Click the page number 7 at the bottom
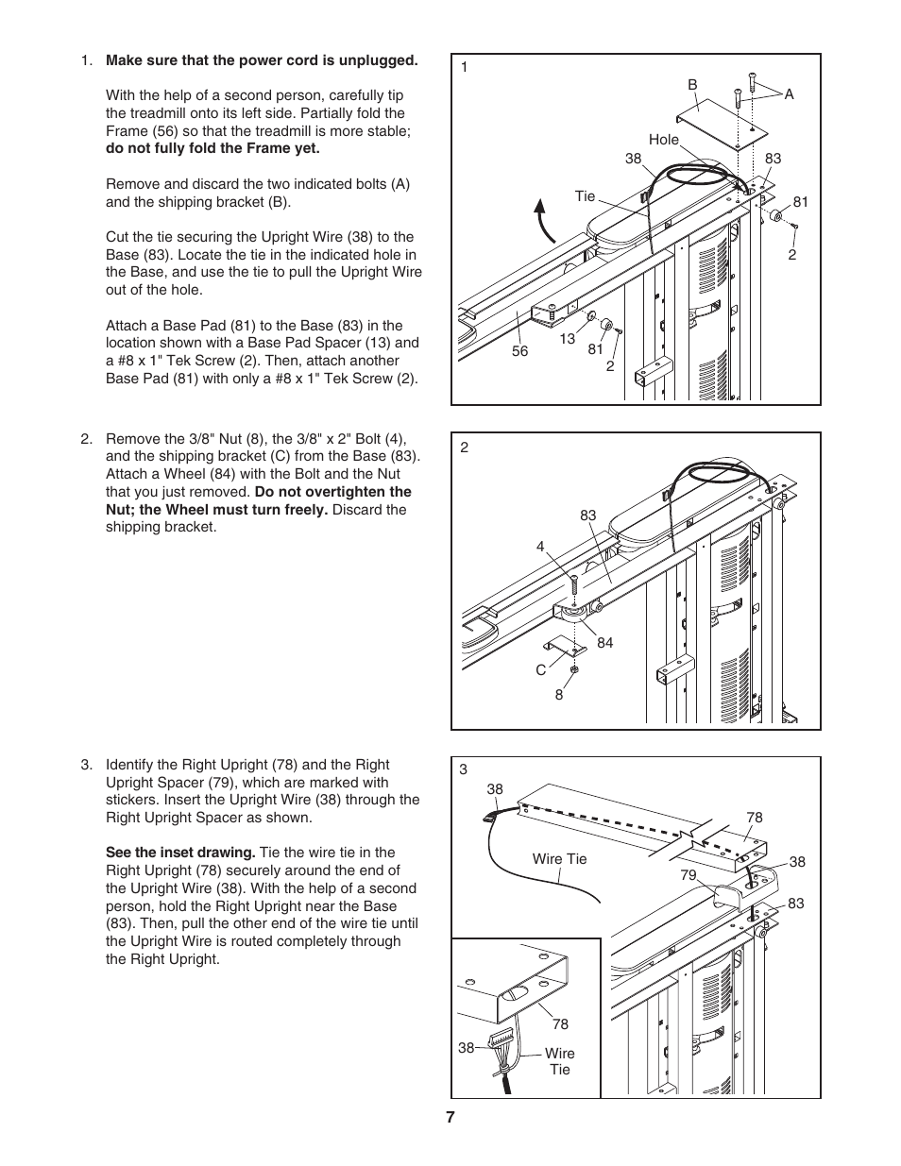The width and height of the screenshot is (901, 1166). click(x=450, y=1117)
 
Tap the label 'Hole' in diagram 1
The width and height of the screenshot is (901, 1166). click(x=663, y=140)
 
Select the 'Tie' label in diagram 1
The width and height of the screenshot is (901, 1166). click(x=586, y=196)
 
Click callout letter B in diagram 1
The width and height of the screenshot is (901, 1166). click(x=691, y=85)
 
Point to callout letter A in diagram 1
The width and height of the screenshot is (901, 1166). click(x=790, y=94)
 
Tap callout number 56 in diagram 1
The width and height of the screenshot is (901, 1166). click(x=520, y=351)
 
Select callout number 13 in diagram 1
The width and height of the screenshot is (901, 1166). click(x=567, y=339)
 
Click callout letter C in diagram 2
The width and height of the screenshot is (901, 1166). click(x=541, y=670)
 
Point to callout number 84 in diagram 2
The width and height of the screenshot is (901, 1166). click(x=604, y=643)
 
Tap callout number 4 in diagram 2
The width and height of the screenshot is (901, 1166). click(x=540, y=547)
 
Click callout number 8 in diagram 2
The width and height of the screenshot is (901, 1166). click(x=559, y=695)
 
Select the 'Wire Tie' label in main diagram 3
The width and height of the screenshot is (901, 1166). click(x=559, y=859)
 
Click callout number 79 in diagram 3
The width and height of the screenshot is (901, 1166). click(x=688, y=875)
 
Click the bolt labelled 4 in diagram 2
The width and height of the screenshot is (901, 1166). click(x=572, y=585)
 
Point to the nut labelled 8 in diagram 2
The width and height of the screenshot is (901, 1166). click(x=573, y=668)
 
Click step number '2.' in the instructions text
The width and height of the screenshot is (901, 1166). click(x=87, y=439)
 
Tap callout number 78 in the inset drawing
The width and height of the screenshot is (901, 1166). click(x=560, y=1024)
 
